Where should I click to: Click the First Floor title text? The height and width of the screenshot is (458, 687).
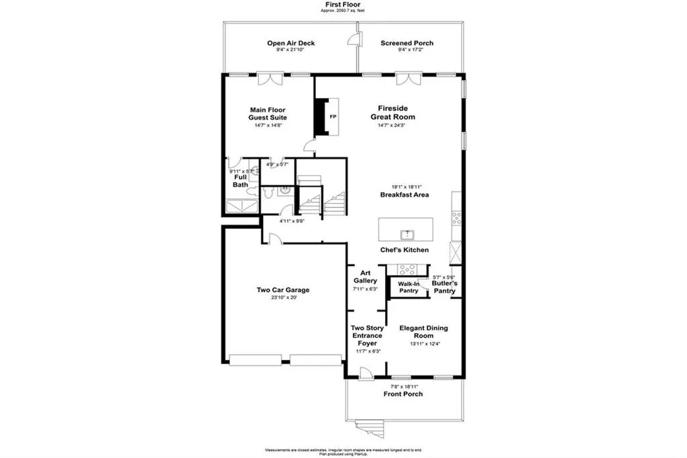(343, 4)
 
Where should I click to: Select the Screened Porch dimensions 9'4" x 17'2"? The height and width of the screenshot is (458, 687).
(407, 50)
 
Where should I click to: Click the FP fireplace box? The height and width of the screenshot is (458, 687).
(332, 117)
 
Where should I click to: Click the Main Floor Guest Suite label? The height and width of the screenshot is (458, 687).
(268, 113)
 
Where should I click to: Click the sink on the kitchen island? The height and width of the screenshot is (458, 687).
(407, 234)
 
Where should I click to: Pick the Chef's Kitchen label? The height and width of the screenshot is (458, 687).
(405, 250)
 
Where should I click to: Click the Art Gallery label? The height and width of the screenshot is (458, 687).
(366, 277)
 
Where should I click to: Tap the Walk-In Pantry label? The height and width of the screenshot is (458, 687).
(409, 287)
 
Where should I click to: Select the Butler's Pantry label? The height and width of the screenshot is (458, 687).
(444, 287)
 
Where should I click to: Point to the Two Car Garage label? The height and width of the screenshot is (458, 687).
(282, 290)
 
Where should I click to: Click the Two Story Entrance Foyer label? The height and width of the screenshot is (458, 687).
(366, 336)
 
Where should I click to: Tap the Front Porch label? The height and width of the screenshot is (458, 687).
(403, 394)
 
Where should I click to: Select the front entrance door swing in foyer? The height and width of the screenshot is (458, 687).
(366, 373)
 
